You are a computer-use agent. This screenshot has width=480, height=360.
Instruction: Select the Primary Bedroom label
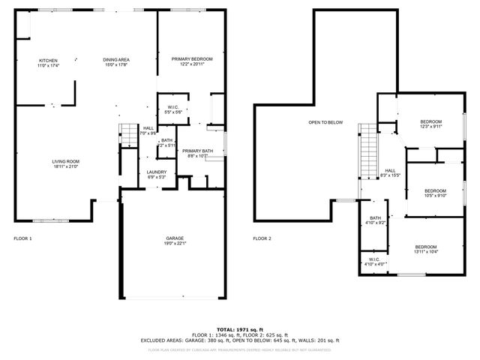191,61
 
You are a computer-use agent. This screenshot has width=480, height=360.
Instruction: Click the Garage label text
175,240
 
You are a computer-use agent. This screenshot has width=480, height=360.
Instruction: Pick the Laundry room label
156,175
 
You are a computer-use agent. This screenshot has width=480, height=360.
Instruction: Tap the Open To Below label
325,122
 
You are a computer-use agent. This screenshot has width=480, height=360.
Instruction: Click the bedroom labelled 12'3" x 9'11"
430,124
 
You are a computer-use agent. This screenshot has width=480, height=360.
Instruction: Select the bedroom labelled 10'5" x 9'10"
435,193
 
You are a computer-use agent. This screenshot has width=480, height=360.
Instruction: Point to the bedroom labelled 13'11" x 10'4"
426,250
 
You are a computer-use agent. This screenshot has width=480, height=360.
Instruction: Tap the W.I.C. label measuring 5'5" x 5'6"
172,109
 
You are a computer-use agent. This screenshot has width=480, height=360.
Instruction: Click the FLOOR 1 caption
22,238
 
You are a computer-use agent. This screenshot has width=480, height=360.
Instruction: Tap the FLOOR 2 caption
262,238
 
